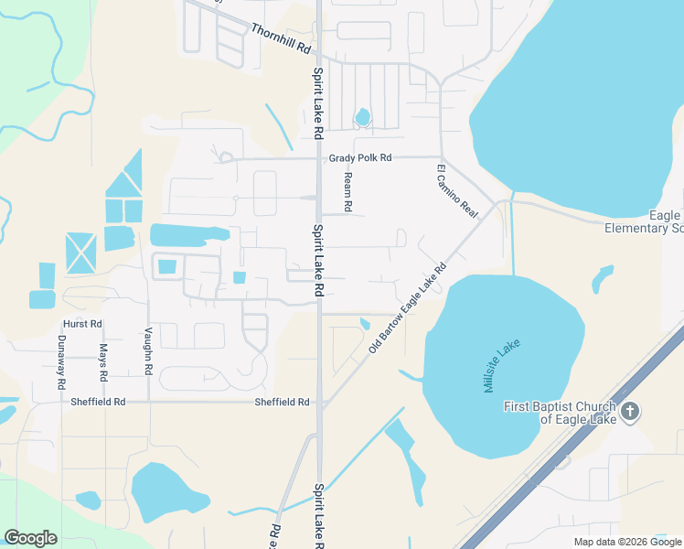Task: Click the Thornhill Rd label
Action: pyautogui.click(x=280, y=38)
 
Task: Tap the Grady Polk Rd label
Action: pyautogui.click(x=359, y=158)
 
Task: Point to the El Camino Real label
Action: pyautogui.click(x=457, y=190)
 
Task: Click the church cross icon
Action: pyautogui.click(x=629, y=413)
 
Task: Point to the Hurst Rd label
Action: pyautogui.click(x=82, y=324)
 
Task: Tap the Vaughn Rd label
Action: pyautogui.click(x=147, y=351)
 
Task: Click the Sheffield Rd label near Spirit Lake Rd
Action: pyautogui.click(x=282, y=402)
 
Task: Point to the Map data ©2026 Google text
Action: pyautogui.click(x=626, y=542)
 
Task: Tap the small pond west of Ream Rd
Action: pyautogui.click(x=363, y=117)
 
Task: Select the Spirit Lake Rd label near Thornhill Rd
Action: pyautogui.click(x=318, y=103)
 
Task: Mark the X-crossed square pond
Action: pyautogui.click(x=80, y=252)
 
